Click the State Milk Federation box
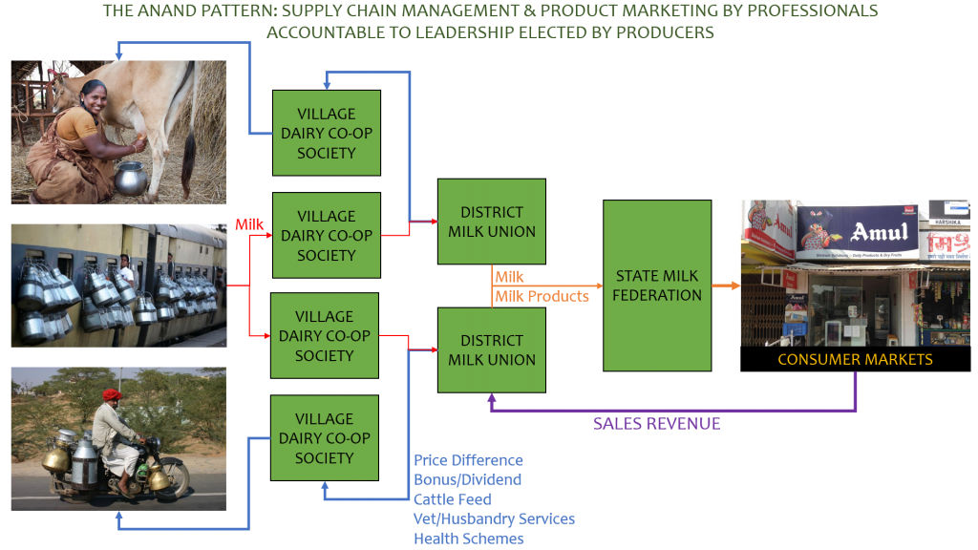coord(656,286)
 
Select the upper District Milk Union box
coord(492,222)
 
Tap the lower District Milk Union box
coord(492,349)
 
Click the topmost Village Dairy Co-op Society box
coord(327,133)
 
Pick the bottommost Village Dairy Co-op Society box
coord(325,438)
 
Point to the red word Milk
coord(249,224)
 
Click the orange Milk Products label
coord(542,296)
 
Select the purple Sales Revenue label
coord(656,423)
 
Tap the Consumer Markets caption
coord(855,360)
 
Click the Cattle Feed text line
coord(453,499)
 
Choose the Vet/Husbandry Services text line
coord(494,518)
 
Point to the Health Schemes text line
coord(468,539)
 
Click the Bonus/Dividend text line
coord(467,479)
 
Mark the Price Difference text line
coord(468,460)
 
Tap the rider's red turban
coord(112,393)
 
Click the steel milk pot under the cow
coord(131,178)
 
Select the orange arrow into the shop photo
coord(727,286)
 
